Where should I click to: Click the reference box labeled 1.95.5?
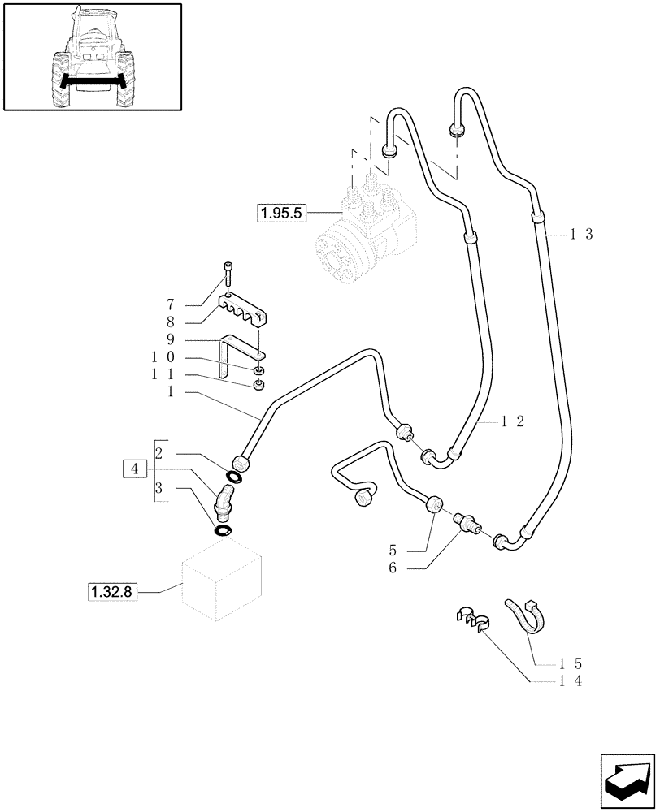point(280,214)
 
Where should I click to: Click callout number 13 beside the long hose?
point(581,235)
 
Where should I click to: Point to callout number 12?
point(513,421)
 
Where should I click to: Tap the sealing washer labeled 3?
point(222,530)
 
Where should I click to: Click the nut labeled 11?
point(258,384)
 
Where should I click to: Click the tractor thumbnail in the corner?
point(92,57)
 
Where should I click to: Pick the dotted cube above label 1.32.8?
point(221,583)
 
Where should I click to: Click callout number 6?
point(393,568)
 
